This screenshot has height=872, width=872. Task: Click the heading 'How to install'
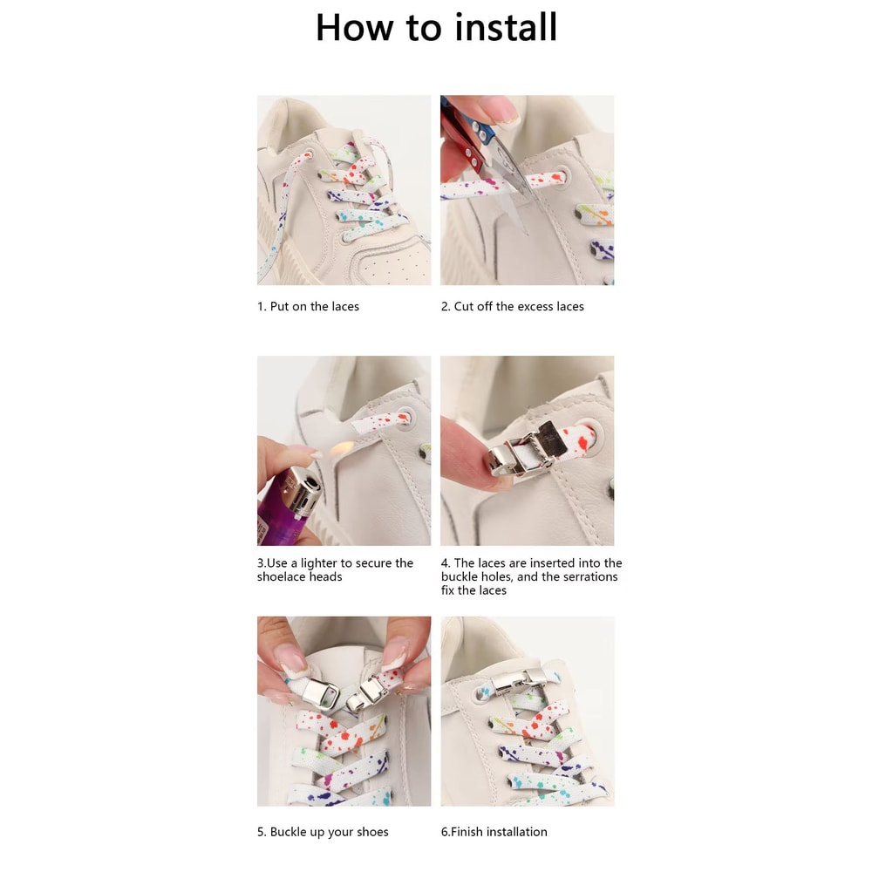pyautogui.click(x=436, y=27)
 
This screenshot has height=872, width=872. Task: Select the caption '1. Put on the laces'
pyautogui.click(x=308, y=307)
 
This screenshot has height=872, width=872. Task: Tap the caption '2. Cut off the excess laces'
pyautogui.click(x=512, y=307)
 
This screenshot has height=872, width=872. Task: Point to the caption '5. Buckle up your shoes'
pyautogui.click(x=323, y=832)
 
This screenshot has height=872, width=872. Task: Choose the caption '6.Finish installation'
pyautogui.click(x=494, y=832)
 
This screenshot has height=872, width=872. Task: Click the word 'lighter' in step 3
pyautogui.click(x=317, y=563)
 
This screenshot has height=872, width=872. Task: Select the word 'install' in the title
pyautogui.click(x=503, y=27)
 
